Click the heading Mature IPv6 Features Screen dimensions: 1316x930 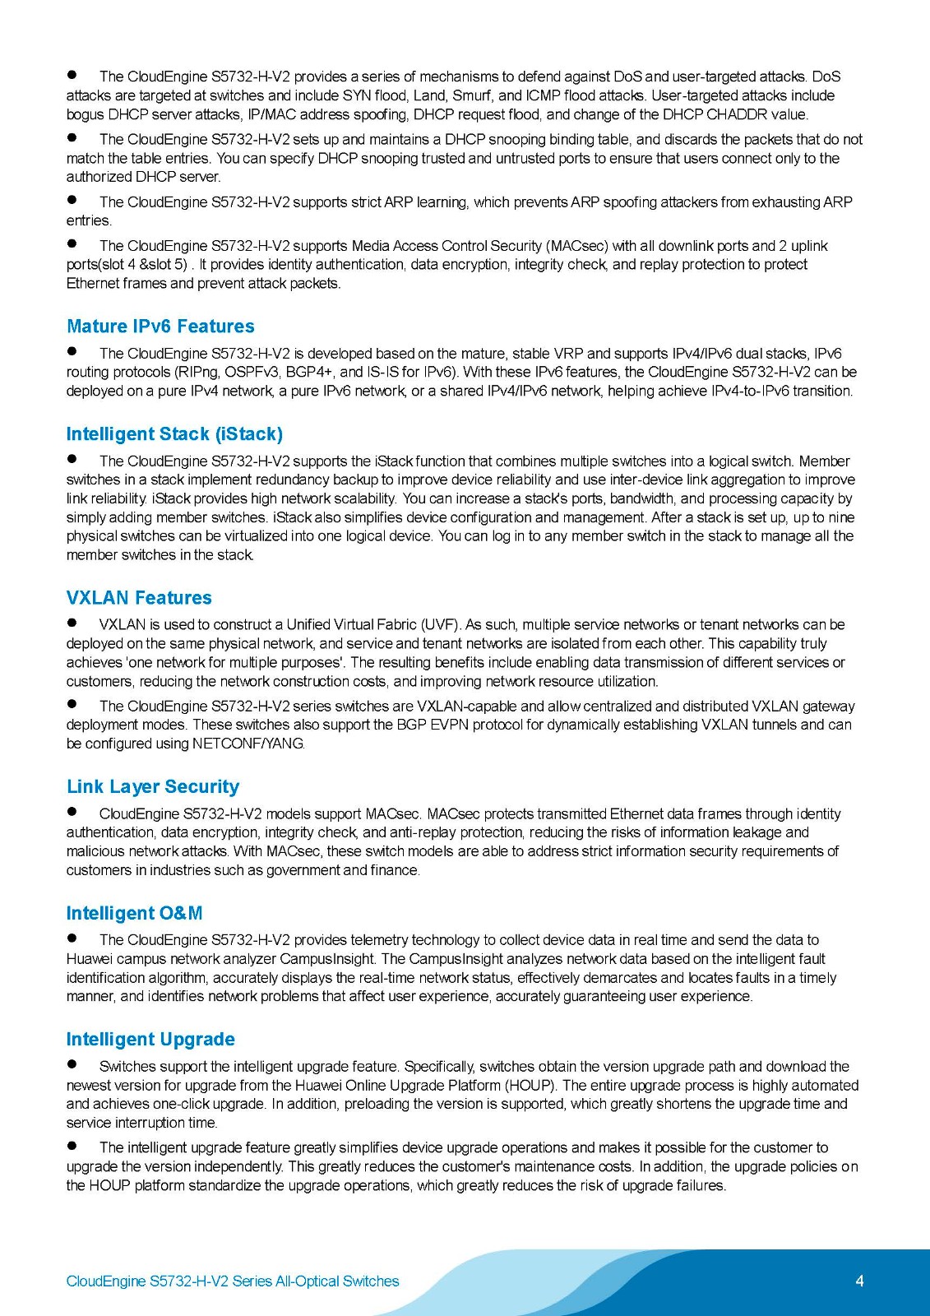(160, 327)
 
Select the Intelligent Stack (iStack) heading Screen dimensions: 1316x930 (174, 434)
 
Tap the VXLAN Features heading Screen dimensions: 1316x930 (139, 598)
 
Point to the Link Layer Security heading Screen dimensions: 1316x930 (153, 787)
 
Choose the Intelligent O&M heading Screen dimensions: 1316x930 (134, 914)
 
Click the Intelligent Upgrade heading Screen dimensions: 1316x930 (150, 1040)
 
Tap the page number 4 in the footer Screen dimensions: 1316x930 (859, 1281)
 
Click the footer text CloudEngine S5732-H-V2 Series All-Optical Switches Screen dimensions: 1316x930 (233, 1281)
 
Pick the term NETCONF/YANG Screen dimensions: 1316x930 (248, 744)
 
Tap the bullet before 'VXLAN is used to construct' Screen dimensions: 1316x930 (72, 623)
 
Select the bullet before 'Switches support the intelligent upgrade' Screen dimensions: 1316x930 (72, 1065)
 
